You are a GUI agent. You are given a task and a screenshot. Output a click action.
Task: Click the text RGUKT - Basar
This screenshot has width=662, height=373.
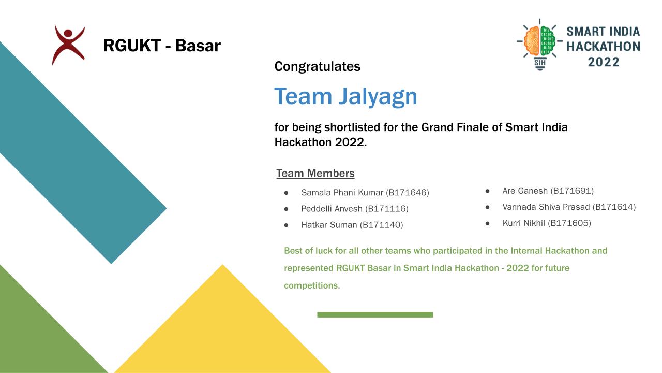pyautogui.click(x=162, y=45)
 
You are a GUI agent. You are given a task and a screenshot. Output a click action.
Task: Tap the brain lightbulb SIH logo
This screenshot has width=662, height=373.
pyautogui.click(x=539, y=45)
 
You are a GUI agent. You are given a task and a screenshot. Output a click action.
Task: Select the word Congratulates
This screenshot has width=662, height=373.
pyautogui.click(x=318, y=66)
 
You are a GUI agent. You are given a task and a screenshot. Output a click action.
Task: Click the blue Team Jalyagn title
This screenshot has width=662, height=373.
pyautogui.click(x=346, y=96)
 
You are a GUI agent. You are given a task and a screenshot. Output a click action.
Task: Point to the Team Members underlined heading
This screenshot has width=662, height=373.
pyautogui.click(x=315, y=173)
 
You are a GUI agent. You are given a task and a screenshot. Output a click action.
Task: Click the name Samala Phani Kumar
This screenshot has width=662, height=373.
pyautogui.click(x=342, y=192)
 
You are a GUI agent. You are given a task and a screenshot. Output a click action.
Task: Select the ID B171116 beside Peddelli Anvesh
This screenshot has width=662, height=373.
pyautogui.click(x=387, y=209)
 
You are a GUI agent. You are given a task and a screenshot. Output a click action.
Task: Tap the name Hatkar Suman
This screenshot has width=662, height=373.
pyautogui.click(x=329, y=225)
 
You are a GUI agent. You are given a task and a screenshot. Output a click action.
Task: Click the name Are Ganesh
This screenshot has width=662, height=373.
pyautogui.click(x=525, y=191)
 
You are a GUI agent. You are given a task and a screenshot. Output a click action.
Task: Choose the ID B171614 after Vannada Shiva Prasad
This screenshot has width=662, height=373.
pyautogui.click(x=614, y=207)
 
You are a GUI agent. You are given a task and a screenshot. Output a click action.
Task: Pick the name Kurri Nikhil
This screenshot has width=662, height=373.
pyautogui.click(x=524, y=223)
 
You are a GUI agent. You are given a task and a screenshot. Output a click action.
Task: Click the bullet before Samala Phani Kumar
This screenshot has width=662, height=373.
pyautogui.click(x=286, y=193)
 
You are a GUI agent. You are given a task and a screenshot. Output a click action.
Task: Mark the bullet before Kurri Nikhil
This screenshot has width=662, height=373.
pyautogui.click(x=487, y=223)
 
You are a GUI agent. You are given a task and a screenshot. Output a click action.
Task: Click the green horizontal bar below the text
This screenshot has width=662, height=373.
pyautogui.click(x=375, y=314)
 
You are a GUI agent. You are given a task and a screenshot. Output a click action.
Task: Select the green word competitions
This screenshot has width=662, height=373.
pyautogui.click(x=312, y=285)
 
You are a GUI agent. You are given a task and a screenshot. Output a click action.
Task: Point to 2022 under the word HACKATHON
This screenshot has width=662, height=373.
pyautogui.click(x=604, y=62)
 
